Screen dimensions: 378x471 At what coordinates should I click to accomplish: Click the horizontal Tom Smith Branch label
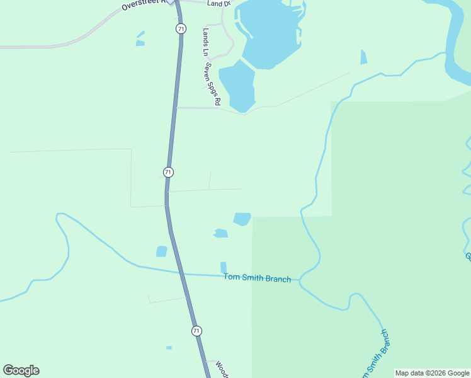click(x=258, y=278)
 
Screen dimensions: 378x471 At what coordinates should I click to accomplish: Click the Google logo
click(x=21, y=370)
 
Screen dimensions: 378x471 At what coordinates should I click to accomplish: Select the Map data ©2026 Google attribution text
click(x=433, y=373)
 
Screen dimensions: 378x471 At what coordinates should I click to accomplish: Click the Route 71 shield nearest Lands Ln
click(x=181, y=29)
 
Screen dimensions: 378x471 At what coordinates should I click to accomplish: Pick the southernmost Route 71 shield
click(x=196, y=331)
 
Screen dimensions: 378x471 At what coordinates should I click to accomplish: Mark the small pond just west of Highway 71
click(x=162, y=251)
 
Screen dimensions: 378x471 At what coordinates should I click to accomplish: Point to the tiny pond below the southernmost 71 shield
click(x=169, y=348)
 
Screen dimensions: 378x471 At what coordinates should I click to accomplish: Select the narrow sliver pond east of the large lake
click(x=363, y=57)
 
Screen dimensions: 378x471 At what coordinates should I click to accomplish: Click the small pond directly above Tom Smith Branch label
click(x=224, y=267)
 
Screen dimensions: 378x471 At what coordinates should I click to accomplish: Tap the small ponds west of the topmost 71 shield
click(x=140, y=40)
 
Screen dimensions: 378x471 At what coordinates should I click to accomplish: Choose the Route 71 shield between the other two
click(x=168, y=172)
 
